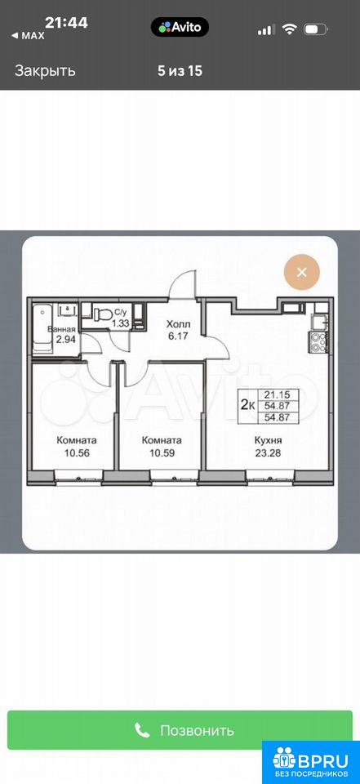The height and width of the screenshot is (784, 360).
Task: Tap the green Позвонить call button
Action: point(180,730)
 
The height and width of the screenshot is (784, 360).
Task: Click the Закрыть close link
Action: point(45,71)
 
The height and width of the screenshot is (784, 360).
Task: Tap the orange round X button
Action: point(301,273)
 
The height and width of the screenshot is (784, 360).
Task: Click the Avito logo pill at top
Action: point(180,26)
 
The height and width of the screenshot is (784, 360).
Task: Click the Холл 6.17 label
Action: point(179,330)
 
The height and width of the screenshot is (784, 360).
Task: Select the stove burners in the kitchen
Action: point(319,341)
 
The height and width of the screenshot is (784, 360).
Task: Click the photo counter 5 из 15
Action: point(180,71)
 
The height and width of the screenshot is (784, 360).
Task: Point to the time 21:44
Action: point(66,22)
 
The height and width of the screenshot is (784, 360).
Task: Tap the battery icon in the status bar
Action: point(316,29)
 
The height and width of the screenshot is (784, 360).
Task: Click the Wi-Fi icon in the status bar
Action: point(289,29)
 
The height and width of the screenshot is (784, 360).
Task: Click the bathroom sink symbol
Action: point(66,311)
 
